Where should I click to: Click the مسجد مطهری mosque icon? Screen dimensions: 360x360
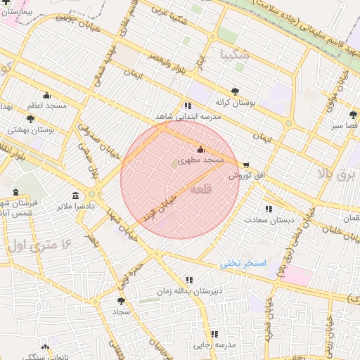click(x=200, y=149)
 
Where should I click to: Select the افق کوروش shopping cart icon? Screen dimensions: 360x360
click(x=245, y=165)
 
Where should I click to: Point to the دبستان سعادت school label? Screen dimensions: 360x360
click(x=263, y=219)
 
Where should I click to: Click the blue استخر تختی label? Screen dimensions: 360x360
click(x=243, y=264)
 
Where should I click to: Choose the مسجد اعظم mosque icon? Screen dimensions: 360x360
click(x=47, y=95)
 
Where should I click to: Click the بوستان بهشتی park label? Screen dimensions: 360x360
click(x=32, y=130)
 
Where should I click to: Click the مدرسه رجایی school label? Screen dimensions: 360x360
click(x=214, y=345)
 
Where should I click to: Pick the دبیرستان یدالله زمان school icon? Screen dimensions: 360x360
click(x=188, y=279)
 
